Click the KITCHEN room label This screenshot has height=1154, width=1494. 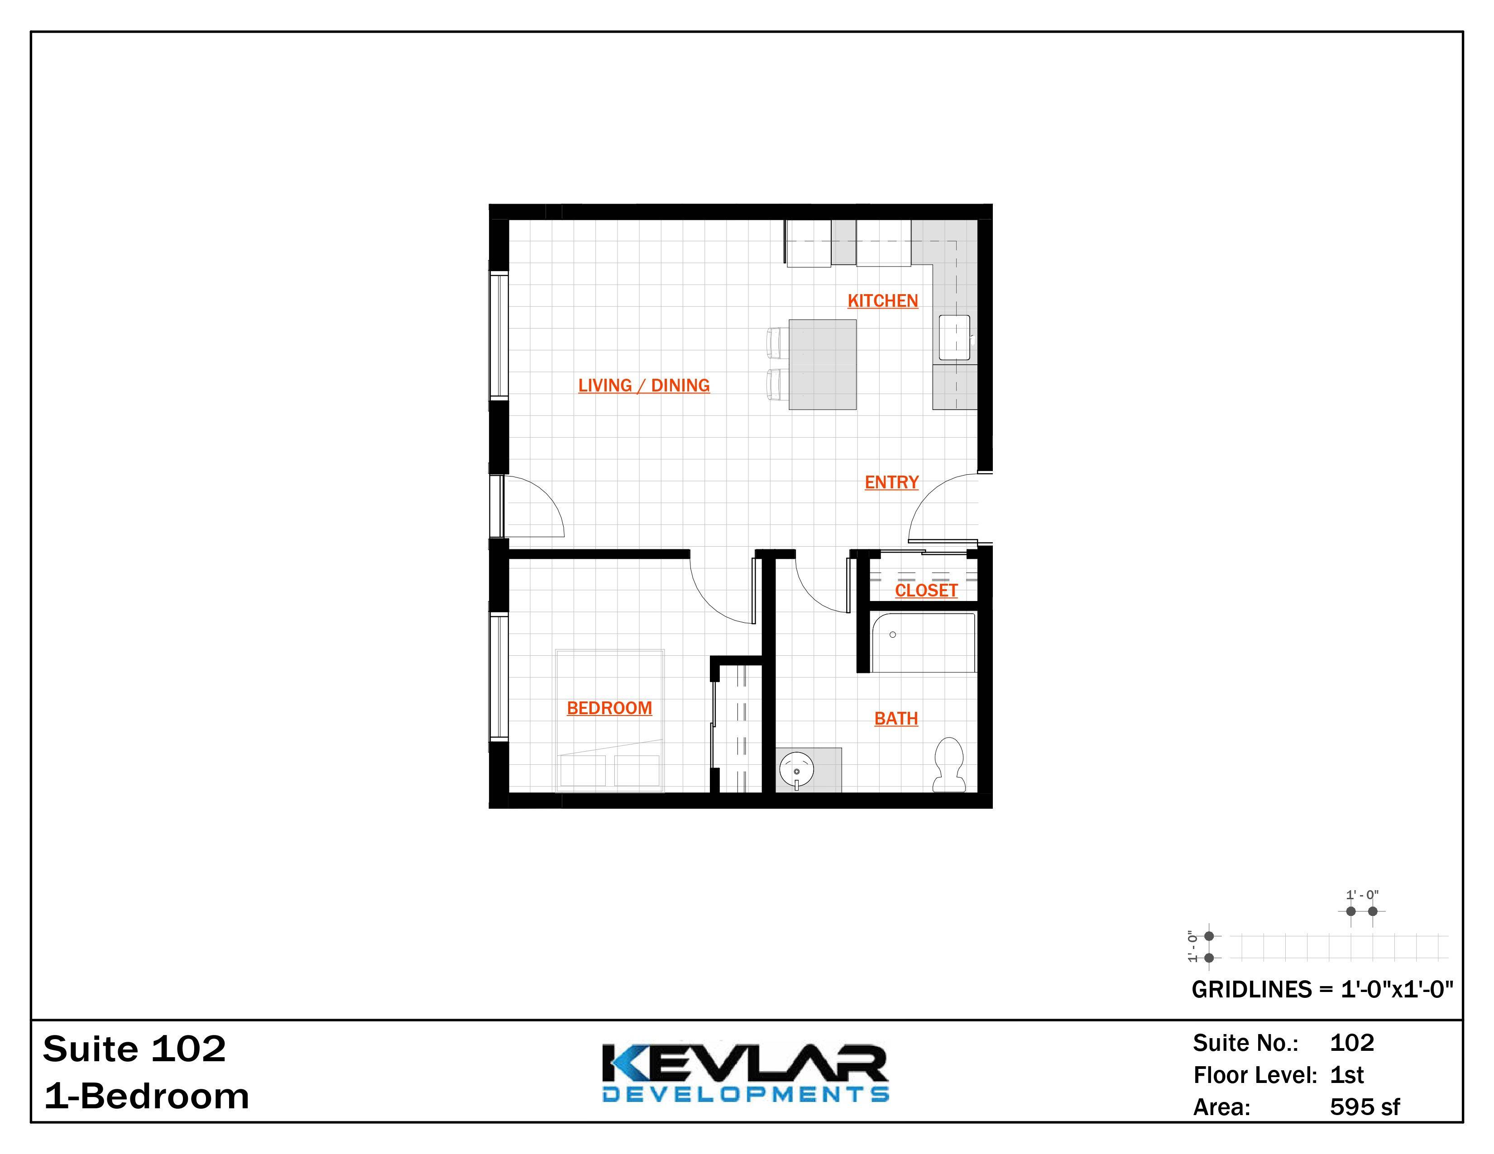click(x=882, y=301)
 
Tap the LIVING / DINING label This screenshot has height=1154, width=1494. click(x=644, y=386)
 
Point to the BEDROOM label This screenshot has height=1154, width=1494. click(x=609, y=708)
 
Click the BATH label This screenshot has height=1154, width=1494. click(x=895, y=719)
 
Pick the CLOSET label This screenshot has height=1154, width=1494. click(x=926, y=590)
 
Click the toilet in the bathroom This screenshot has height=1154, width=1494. click(x=949, y=763)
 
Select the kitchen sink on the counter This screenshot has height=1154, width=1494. click(x=953, y=337)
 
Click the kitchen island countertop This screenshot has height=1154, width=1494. click(x=822, y=364)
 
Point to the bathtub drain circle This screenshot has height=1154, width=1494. click(x=893, y=634)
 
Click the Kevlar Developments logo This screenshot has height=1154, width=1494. click(x=745, y=1073)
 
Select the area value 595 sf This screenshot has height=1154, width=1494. click(x=1364, y=1107)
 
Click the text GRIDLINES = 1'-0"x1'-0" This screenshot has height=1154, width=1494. click(x=1322, y=990)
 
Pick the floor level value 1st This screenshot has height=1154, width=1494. click(x=1346, y=1075)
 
